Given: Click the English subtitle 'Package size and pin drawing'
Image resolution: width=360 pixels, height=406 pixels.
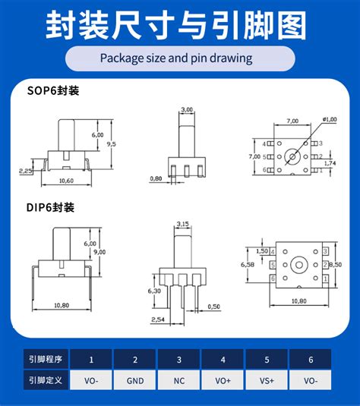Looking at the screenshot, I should coord(180,58).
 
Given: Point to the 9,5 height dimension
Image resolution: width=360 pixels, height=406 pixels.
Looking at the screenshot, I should coord(111,143).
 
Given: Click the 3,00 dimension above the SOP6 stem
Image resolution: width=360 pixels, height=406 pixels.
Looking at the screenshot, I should coord(187,110).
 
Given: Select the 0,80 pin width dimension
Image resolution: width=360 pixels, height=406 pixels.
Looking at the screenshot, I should coord(156,179).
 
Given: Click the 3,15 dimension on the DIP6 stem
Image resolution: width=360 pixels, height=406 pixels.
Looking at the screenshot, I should coord(182,224).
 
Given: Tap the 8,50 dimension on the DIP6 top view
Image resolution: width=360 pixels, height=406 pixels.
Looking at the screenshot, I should coord(336,265).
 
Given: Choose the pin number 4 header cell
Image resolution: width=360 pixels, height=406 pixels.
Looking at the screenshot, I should coord(223,360).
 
